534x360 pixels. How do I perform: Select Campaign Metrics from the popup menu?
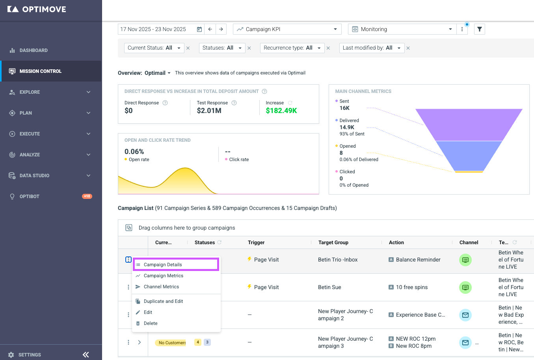click(x=163, y=276)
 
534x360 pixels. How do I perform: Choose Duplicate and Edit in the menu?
click(x=163, y=301)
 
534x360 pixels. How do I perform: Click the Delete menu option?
click(x=151, y=323)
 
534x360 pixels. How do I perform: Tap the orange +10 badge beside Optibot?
click(x=87, y=196)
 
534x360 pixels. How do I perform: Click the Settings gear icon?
click(x=11, y=355)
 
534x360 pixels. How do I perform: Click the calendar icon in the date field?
click(x=199, y=29)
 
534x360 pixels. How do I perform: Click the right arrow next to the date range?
click(x=221, y=29)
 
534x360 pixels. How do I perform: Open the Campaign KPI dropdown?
click(x=287, y=29)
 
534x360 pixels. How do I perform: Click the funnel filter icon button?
click(x=479, y=29)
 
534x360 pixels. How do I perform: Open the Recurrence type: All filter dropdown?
click(x=292, y=48)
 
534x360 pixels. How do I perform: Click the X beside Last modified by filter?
click(x=408, y=48)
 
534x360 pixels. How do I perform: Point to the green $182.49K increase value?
click(x=281, y=111)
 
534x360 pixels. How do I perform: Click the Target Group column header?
click(x=333, y=242)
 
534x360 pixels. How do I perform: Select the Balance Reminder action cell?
click(x=414, y=260)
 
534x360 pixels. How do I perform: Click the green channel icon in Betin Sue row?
click(x=465, y=288)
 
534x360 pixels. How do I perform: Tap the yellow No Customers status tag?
click(x=171, y=343)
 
